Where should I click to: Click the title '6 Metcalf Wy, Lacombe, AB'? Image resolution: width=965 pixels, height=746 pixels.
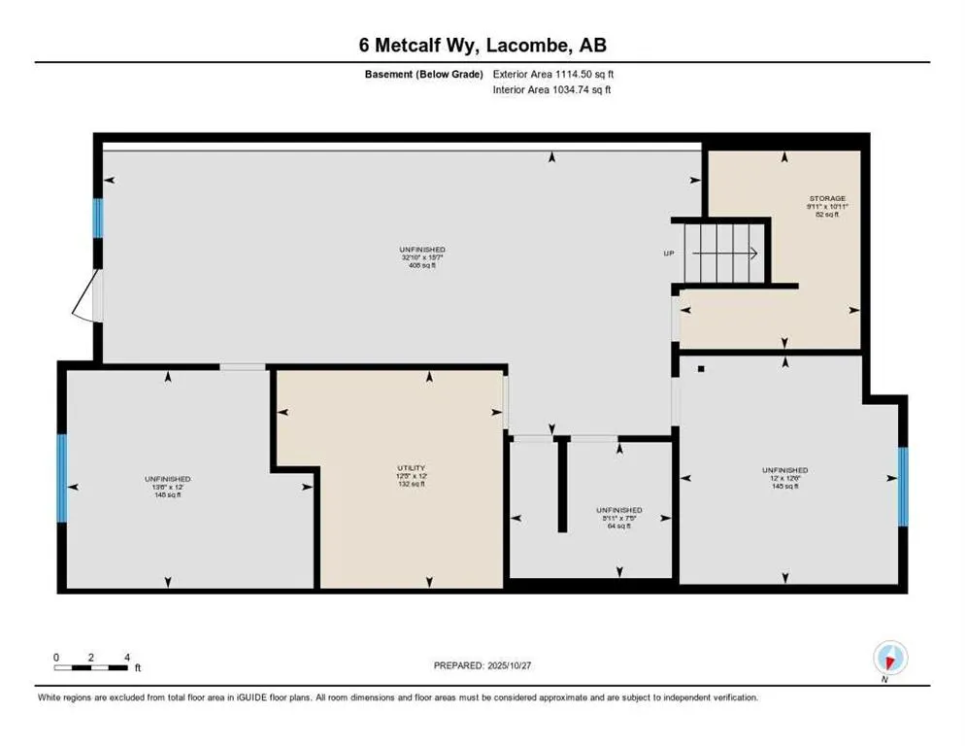tap(482, 45)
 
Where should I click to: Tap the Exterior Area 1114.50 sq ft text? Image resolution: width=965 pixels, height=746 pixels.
tap(553, 74)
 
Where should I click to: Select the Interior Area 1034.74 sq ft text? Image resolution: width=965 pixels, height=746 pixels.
tap(552, 89)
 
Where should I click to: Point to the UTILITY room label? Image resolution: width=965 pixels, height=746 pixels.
tap(412, 475)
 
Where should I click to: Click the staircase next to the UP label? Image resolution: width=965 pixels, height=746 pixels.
tap(724, 253)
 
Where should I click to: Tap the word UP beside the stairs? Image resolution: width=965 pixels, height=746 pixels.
tap(668, 254)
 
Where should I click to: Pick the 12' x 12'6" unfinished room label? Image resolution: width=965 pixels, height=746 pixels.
tap(785, 477)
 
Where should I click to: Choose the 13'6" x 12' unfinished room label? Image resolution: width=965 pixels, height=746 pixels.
tap(168, 487)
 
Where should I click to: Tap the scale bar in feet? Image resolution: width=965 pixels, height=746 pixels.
tap(91, 667)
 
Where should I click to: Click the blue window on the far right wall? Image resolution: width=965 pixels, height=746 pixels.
tap(902, 479)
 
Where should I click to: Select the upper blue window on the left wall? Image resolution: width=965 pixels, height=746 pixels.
tap(97, 219)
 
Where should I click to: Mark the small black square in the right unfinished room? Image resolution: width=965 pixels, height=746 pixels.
tap(700, 369)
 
